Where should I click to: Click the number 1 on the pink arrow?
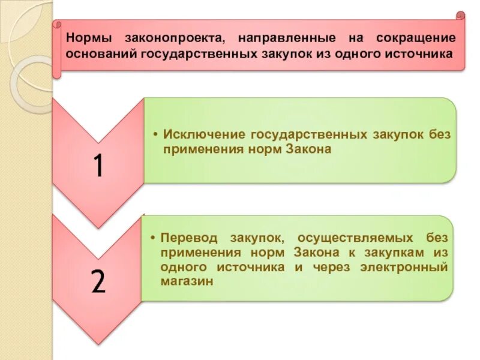pyautogui.click(x=98, y=166)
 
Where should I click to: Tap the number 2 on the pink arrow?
pyautogui.click(x=98, y=280)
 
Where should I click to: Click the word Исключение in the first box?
pyautogui.click(x=202, y=134)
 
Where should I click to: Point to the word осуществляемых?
pyautogui.click(x=346, y=237)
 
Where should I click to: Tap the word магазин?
pyautogui.click(x=187, y=281)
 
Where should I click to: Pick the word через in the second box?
pyautogui.click(x=332, y=266)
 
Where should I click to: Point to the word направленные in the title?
pyautogui.click(x=286, y=38)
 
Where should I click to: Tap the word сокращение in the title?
pyautogui.click(x=416, y=38)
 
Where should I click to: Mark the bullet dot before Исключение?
pyautogui.click(x=155, y=134)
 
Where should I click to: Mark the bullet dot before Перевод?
pyautogui.click(x=154, y=238)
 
